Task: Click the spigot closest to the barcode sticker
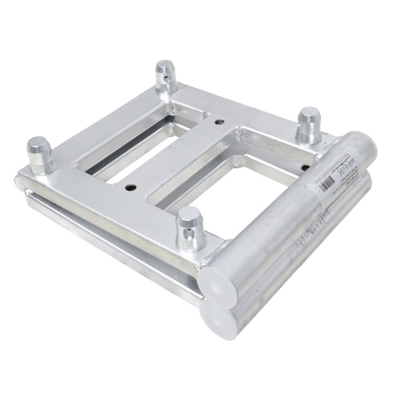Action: click(x=310, y=125)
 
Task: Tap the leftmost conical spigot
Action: click(x=40, y=153)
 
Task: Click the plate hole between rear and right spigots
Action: click(x=219, y=121)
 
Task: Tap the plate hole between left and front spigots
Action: click(x=130, y=187)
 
